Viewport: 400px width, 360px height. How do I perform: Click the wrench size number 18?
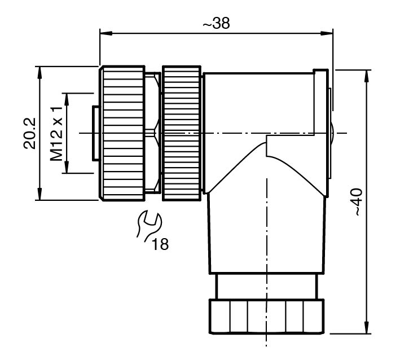click(160, 244)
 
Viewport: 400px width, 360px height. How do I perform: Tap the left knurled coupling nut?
click(122, 133)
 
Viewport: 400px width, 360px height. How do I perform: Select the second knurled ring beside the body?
click(181, 133)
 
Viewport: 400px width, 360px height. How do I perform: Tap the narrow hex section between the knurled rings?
click(152, 133)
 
